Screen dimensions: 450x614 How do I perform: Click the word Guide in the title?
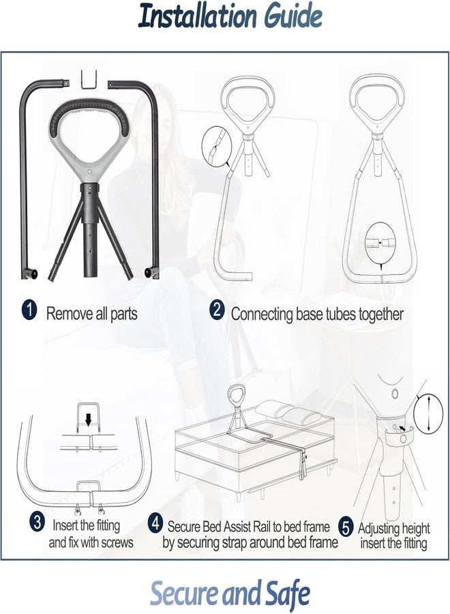pos(292,16)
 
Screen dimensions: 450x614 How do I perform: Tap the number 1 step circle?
pos(29,310)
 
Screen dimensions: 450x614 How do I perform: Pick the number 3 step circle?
pos(37,523)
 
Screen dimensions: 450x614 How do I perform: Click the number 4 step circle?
pos(155,523)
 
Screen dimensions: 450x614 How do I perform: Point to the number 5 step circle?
pos(346,527)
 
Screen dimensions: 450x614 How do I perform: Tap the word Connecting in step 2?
pos(262,315)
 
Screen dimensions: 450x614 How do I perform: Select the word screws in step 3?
pos(117,543)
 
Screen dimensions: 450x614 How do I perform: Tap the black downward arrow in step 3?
pos(89,420)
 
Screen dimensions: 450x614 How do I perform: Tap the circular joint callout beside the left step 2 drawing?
pos(215,145)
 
